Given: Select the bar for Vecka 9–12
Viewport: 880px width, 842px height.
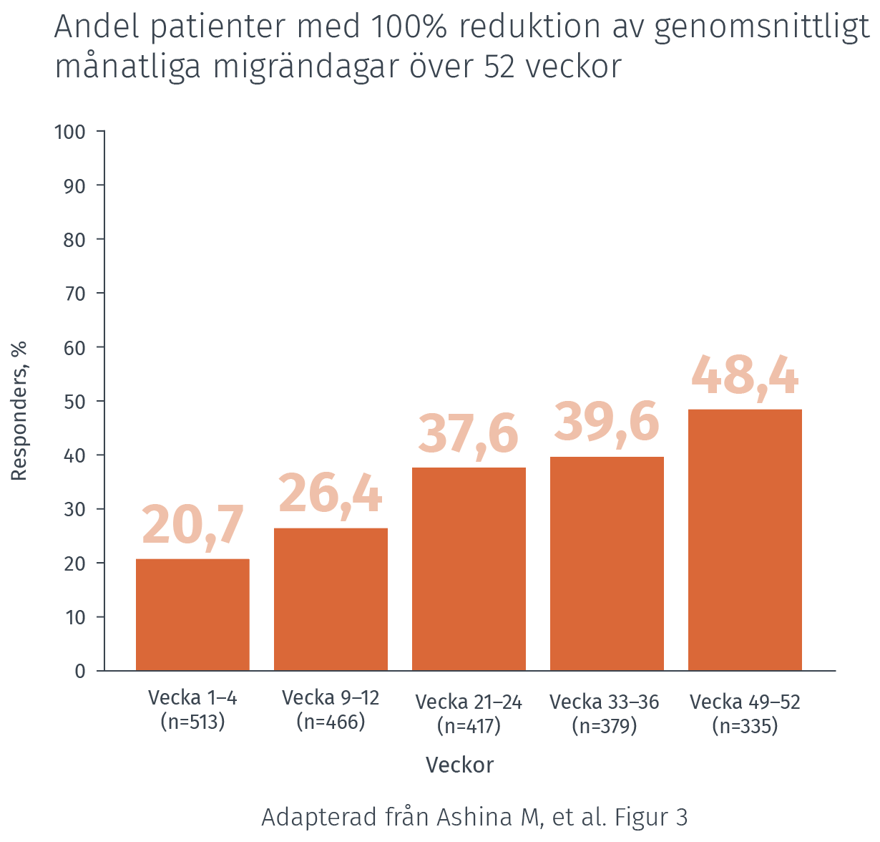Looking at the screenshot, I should tap(331, 599).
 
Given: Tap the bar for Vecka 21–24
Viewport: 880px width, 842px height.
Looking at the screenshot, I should tap(469, 568).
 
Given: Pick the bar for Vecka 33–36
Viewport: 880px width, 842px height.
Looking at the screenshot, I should tap(607, 563).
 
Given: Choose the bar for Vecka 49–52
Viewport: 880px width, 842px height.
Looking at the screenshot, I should tap(745, 540).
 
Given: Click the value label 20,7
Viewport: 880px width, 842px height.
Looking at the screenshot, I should tap(193, 526).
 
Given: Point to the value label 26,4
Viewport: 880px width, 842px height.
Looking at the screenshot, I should tap(331, 494).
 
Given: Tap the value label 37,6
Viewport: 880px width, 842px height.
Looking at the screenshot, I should tap(469, 434).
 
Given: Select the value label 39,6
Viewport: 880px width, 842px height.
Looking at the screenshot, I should tap(607, 422).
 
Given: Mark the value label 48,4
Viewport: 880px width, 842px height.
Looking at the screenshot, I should tap(745, 375).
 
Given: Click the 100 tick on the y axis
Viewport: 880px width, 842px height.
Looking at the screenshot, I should tap(70, 132).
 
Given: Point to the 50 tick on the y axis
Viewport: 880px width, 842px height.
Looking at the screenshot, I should tap(75, 402).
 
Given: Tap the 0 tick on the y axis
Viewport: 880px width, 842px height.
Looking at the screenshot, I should tap(80, 672).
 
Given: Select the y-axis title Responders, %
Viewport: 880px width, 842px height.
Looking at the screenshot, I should tap(19, 411).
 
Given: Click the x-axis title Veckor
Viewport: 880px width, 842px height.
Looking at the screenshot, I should tap(459, 765).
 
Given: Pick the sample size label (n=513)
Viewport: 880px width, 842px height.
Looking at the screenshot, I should tap(192, 722).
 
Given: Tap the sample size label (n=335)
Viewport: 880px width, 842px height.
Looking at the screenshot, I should tap(745, 726).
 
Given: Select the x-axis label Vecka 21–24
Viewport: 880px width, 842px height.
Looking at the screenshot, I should tap(469, 702).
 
